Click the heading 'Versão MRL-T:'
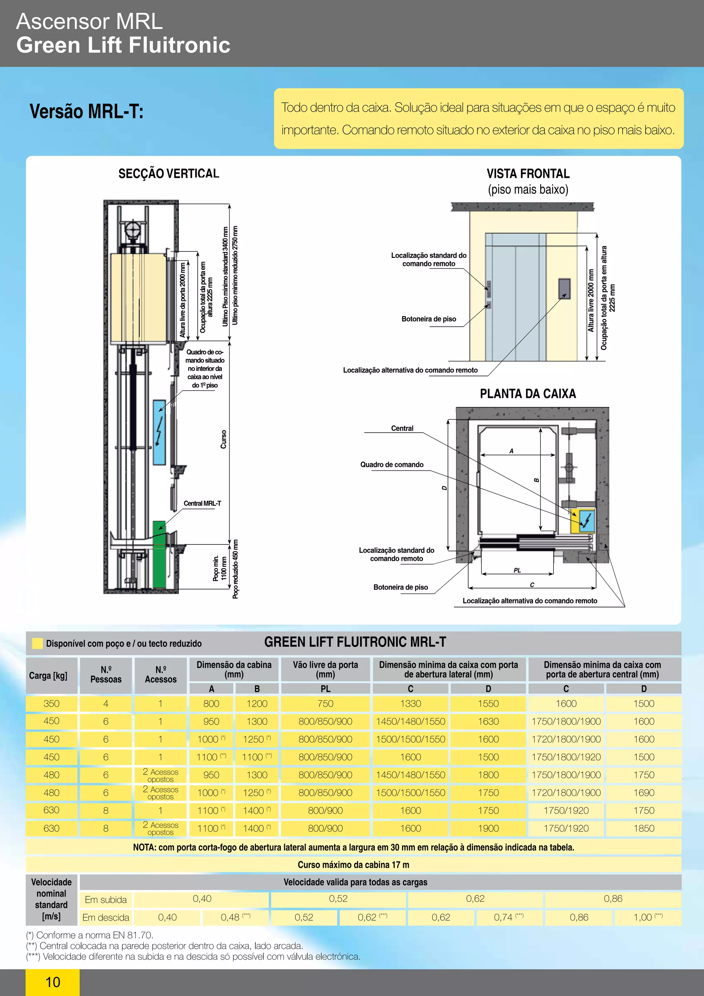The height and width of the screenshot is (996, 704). [86, 111]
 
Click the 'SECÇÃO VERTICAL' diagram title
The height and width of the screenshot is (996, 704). [169, 174]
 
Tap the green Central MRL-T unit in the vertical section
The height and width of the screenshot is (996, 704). [159, 554]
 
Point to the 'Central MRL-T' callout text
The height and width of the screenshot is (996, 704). [202, 503]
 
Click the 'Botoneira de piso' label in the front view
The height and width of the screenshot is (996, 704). [428, 319]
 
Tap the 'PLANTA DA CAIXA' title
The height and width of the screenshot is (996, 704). [528, 393]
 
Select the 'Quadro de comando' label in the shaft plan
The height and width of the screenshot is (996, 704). [392, 465]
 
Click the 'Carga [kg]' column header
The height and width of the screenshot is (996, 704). [48, 675]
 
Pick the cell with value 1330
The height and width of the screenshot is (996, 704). [410, 704]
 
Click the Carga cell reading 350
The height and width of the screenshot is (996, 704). [51, 704]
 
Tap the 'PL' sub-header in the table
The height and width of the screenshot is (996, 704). [325, 689]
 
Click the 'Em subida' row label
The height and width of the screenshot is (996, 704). [106, 900]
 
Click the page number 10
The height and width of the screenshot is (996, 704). [53, 982]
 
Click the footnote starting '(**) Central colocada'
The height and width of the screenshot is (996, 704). [165, 946]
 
